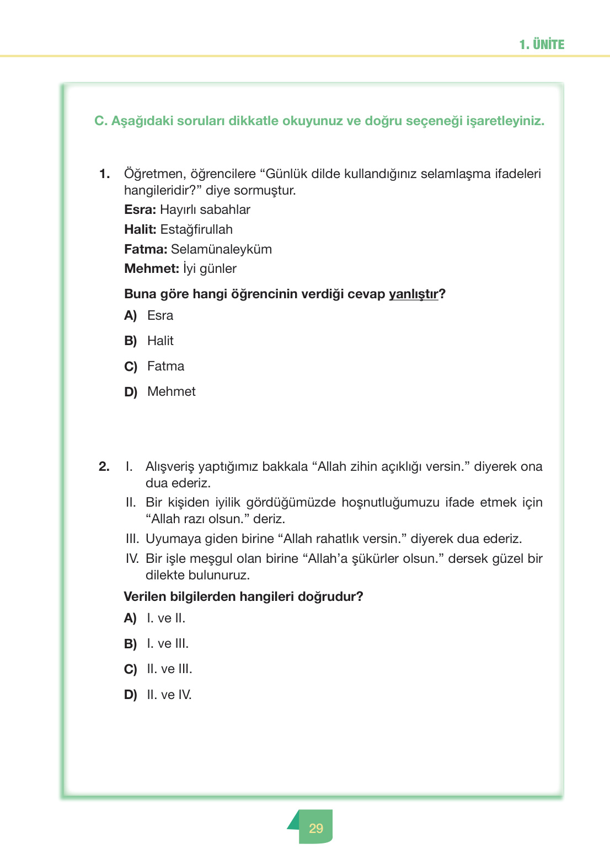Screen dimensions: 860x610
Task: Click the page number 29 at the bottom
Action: [316, 828]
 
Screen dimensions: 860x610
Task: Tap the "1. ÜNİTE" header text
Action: [542, 45]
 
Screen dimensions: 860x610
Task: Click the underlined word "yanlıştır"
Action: [413, 294]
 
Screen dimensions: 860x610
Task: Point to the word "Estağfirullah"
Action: [196, 230]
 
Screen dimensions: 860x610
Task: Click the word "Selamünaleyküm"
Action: [221, 250]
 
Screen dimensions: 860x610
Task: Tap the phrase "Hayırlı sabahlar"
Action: [205, 210]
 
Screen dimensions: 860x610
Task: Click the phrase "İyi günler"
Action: [210, 269]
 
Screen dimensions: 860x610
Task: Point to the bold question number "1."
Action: [104, 174]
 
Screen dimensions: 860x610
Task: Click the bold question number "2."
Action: [104, 467]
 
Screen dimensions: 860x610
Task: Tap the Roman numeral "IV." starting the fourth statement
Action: [132, 559]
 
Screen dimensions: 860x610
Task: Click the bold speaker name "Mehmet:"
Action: [152, 269]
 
